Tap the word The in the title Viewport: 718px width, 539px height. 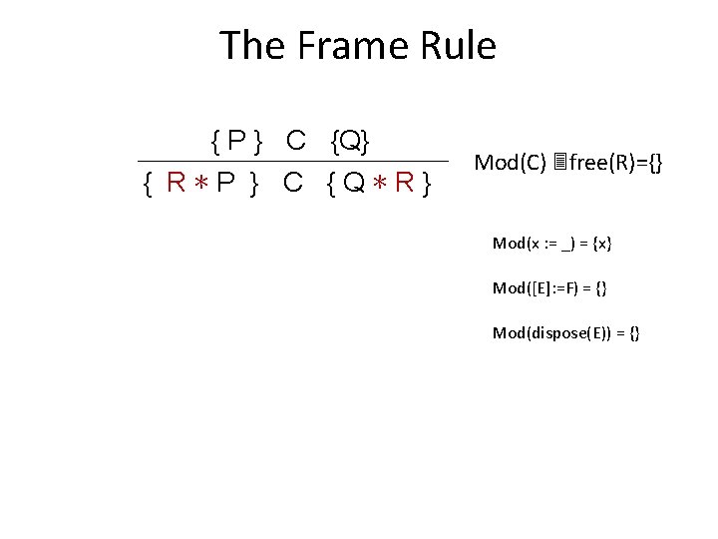click(251, 46)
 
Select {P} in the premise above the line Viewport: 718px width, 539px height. click(235, 142)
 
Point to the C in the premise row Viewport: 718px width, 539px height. click(295, 142)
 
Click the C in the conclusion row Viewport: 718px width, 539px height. click(293, 183)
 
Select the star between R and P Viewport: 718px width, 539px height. click(200, 184)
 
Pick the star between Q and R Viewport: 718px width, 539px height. click(383, 184)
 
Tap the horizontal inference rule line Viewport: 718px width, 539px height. click(292, 162)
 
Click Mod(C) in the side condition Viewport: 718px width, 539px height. click(510, 162)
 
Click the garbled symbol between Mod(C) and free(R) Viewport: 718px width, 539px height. click(560, 162)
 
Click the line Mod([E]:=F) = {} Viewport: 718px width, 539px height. click(549, 287)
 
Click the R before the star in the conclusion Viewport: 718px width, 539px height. click(177, 183)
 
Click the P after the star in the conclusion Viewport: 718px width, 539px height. click(225, 183)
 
